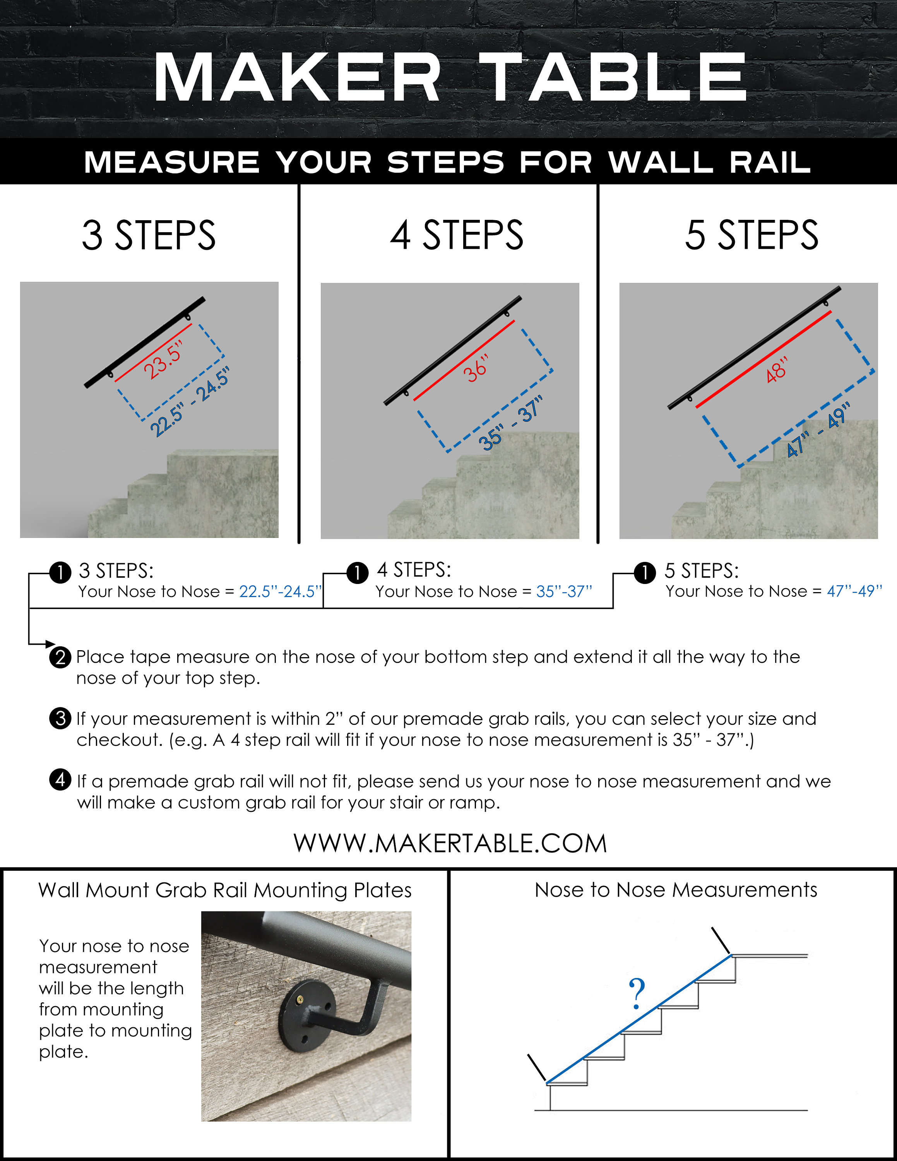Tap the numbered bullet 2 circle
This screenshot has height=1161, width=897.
pyautogui.click(x=60, y=658)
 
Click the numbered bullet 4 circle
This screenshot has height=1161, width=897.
pyautogui.click(x=60, y=780)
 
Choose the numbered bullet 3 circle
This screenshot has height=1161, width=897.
pyautogui.click(x=60, y=718)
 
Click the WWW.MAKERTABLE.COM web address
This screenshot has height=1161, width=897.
pyautogui.click(x=450, y=844)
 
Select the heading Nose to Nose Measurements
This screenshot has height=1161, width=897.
pyautogui.click(x=675, y=890)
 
